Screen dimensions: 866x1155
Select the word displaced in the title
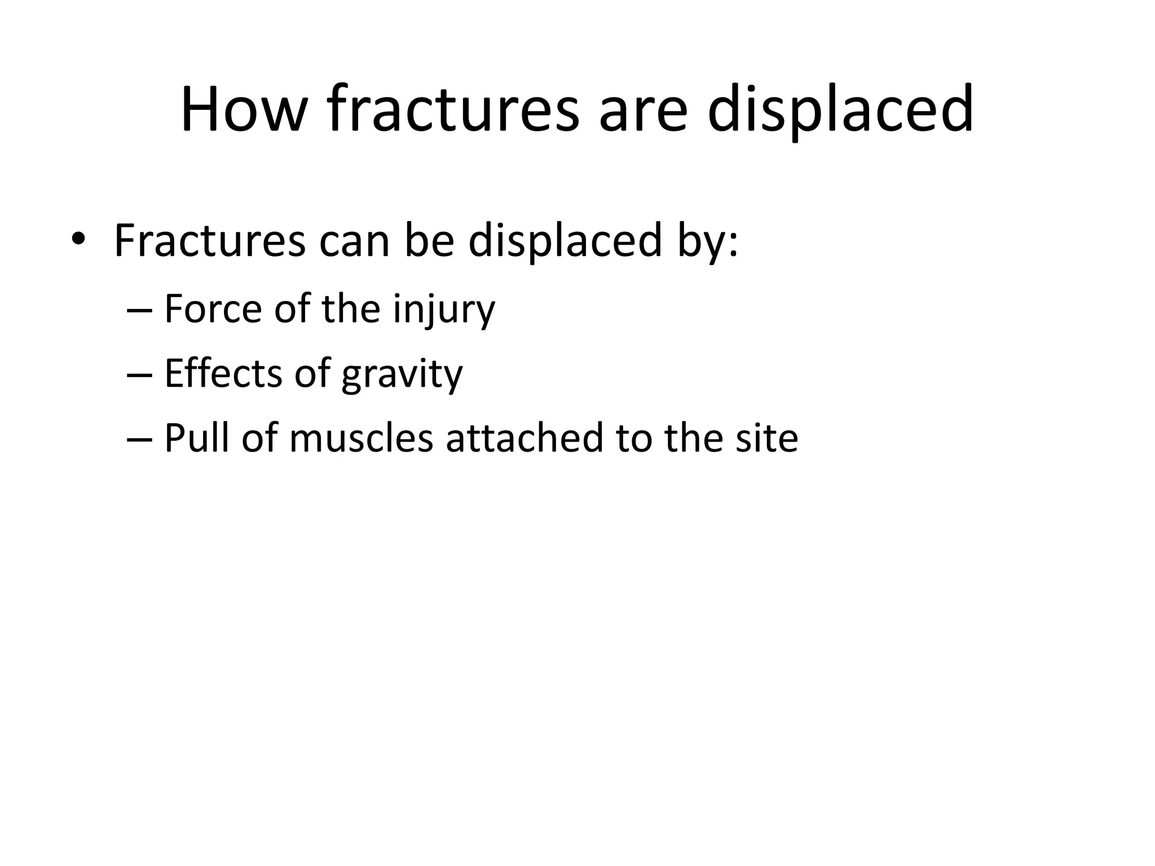[x=840, y=110]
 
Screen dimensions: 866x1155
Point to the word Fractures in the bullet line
[x=210, y=241]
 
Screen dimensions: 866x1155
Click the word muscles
[x=362, y=439]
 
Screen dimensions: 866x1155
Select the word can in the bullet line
[x=354, y=242]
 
